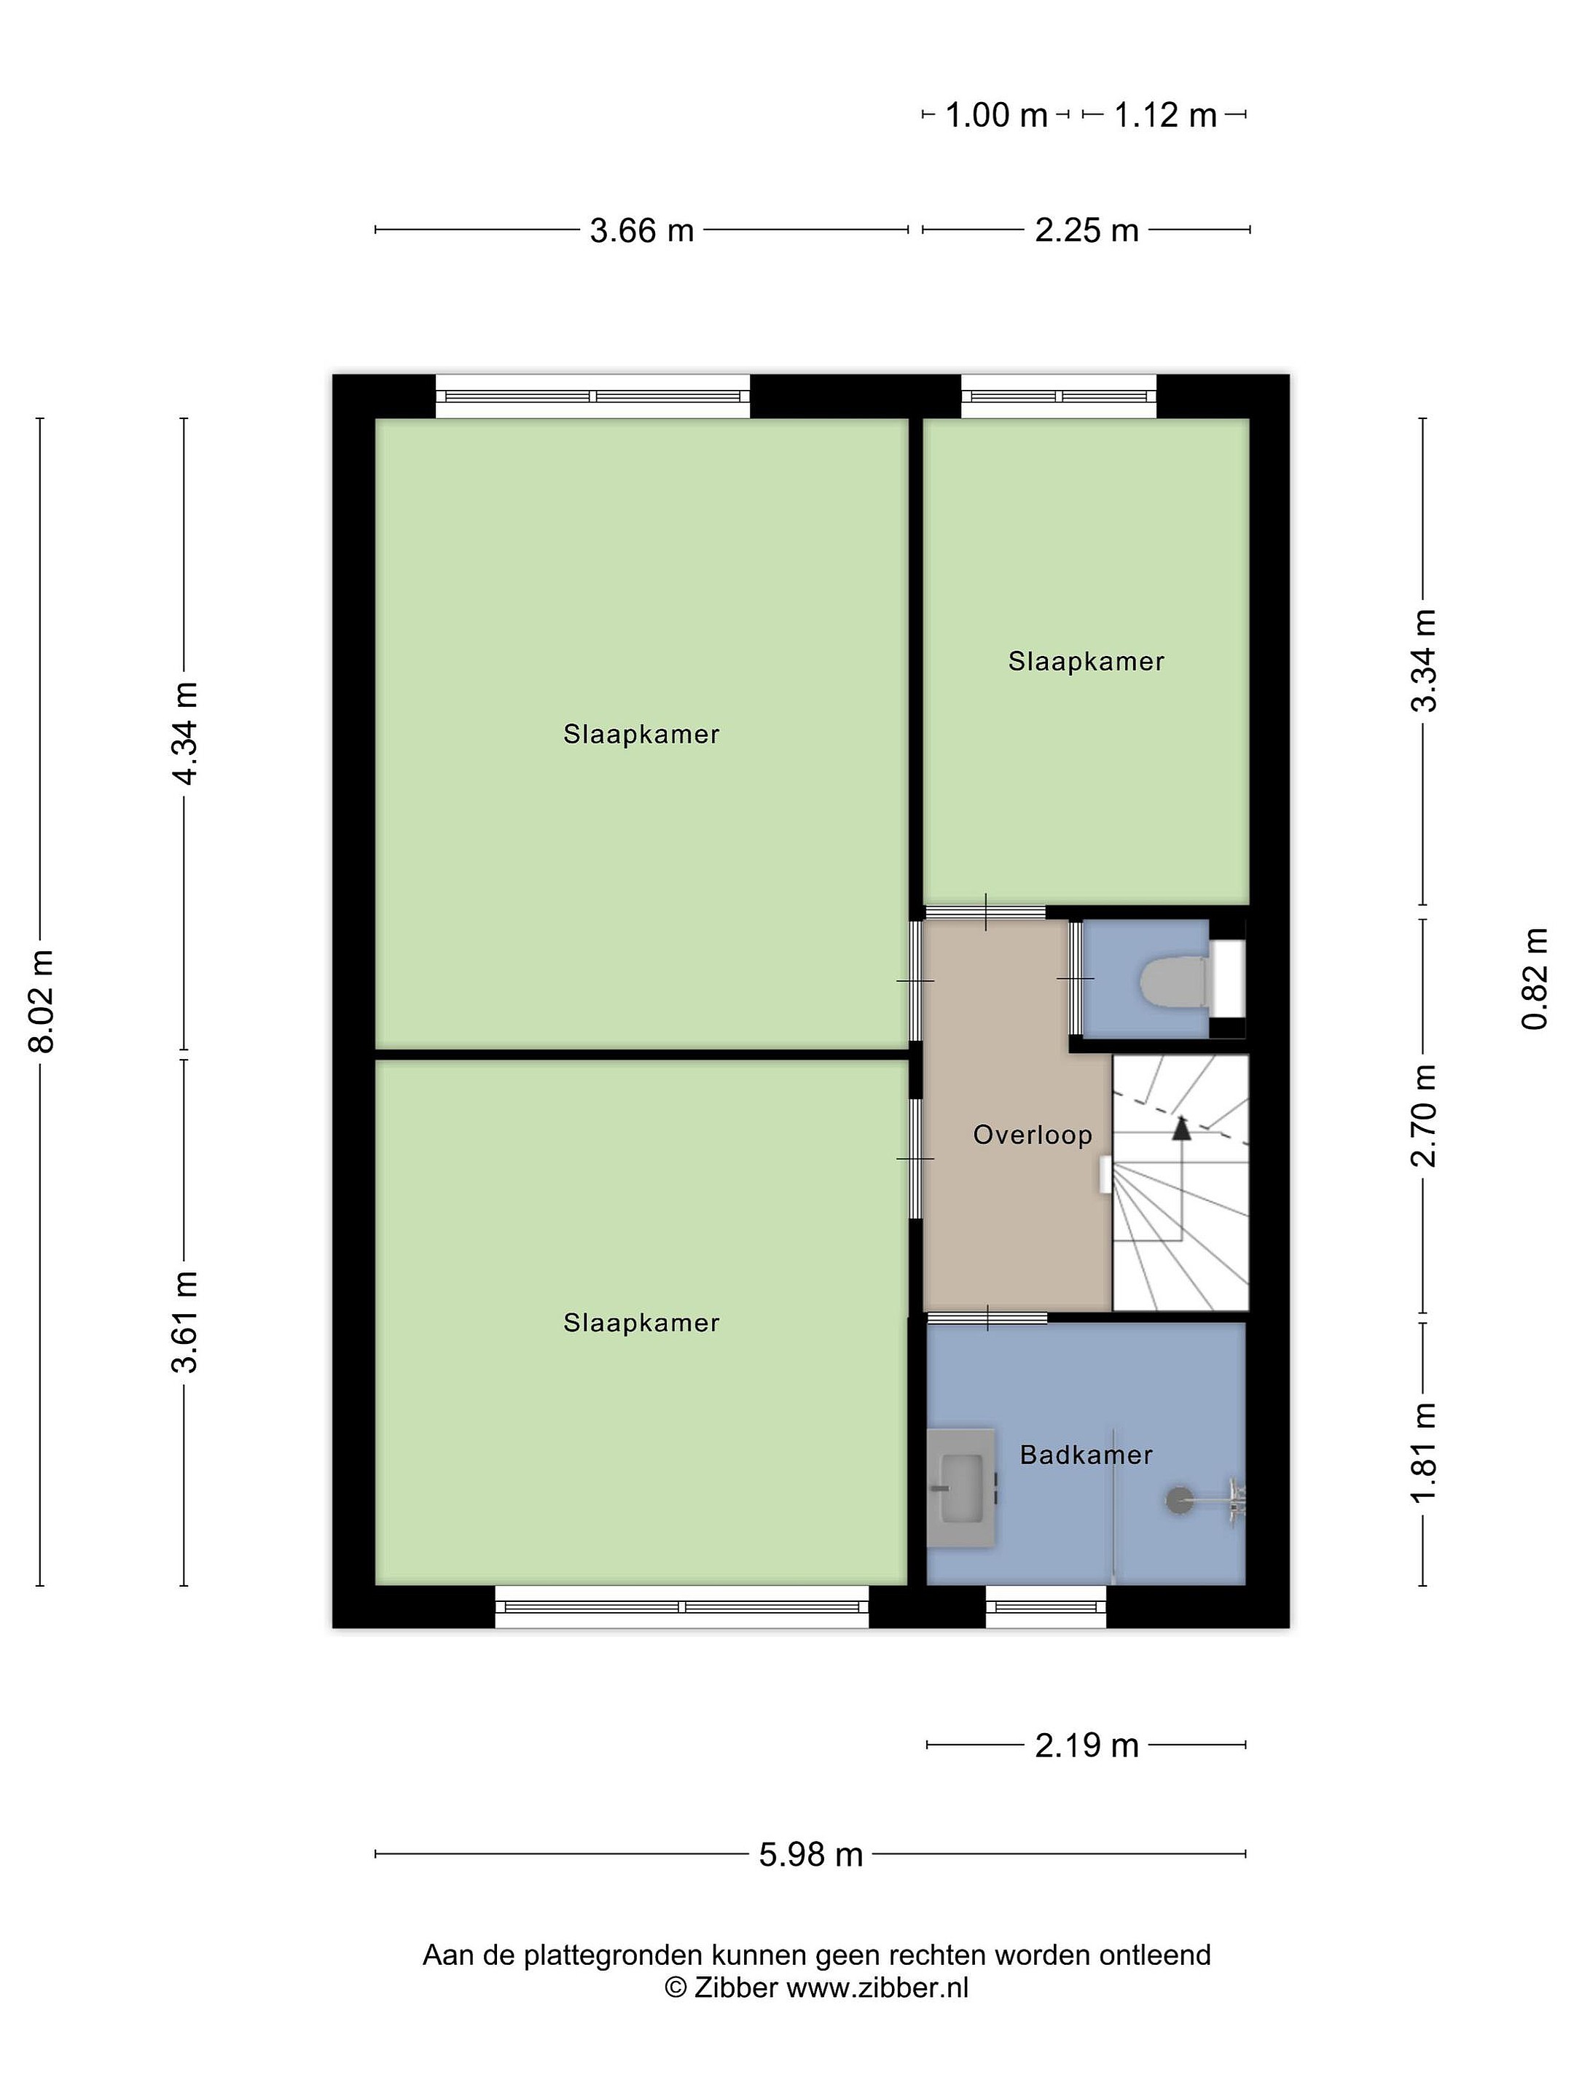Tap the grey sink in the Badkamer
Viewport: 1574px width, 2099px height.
tap(961, 1488)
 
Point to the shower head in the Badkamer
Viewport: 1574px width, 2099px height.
tap(1179, 1499)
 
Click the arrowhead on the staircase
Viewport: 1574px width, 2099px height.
tap(1181, 1127)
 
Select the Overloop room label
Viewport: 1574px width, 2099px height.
tap(1033, 1135)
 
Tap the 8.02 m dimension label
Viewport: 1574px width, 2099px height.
tap(42, 999)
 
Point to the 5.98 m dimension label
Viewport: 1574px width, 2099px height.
tap(811, 1854)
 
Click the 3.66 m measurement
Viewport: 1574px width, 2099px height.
tap(642, 230)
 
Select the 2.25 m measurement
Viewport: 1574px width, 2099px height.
tap(1086, 230)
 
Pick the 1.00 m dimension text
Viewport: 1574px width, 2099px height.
tap(997, 116)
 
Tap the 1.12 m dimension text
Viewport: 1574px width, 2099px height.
tap(1165, 116)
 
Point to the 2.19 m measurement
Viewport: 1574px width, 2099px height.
tap(1086, 1745)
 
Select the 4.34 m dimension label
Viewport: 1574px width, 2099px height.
tap(186, 732)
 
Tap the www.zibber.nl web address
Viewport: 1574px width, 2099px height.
tap(877, 1988)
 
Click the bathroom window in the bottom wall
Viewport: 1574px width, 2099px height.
tap(1046, 1606)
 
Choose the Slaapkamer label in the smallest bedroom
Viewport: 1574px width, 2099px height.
tap(1086, 661)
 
